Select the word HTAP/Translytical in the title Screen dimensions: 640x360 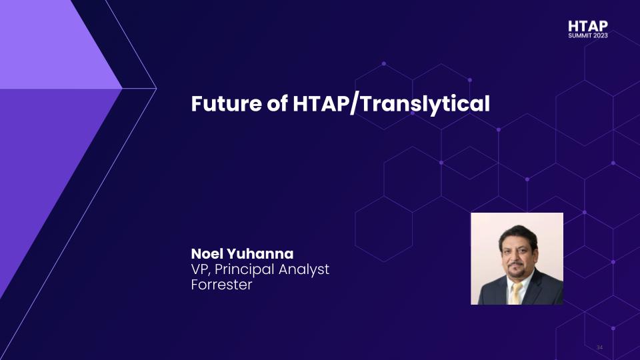point(391,104)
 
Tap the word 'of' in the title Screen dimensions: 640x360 point(277,103)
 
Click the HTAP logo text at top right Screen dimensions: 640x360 point(588,26)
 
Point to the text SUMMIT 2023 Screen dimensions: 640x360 point(588,35)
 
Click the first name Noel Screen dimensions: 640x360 point(207,254)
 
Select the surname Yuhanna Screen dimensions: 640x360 point(260,254)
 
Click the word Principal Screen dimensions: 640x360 point(244,270)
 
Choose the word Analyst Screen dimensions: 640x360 point(304,270)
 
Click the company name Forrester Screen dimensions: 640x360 point(221,285)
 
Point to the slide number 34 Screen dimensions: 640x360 point(599,347)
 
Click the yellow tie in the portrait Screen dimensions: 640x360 point(516,293)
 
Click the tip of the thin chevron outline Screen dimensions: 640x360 point(156,88)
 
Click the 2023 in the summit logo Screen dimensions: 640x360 point(601,35)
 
